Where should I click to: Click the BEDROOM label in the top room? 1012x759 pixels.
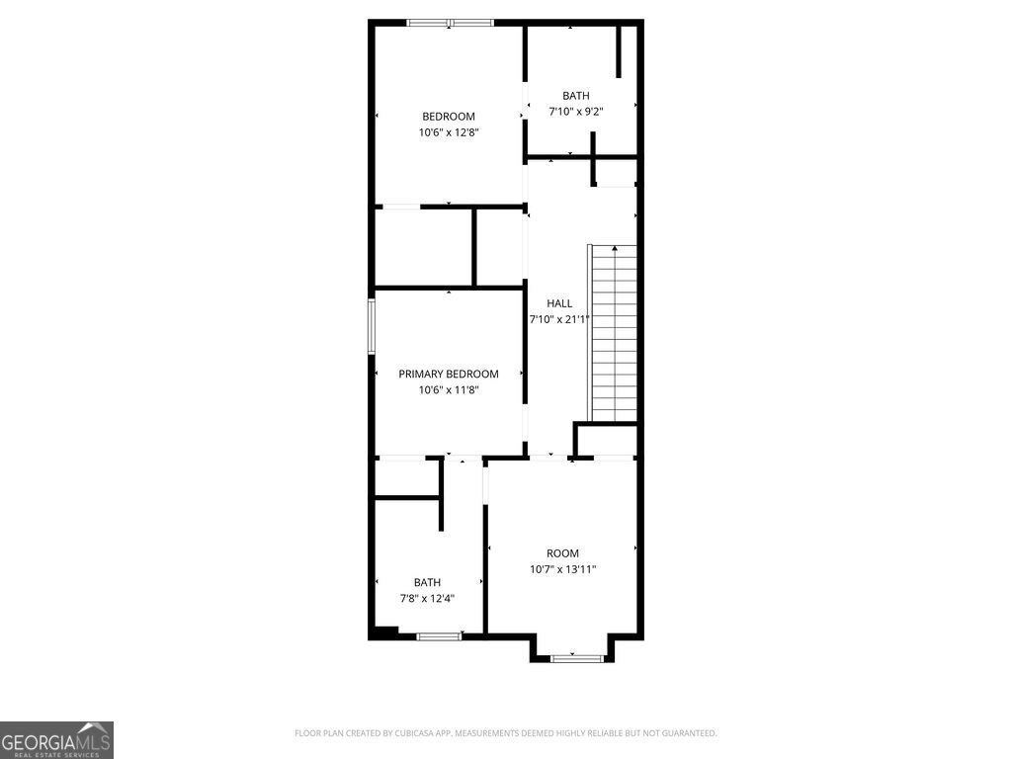tap(449, 117)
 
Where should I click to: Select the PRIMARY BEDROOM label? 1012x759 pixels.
tap(449, 374)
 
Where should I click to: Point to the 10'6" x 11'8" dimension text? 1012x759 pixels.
tap(449, 389)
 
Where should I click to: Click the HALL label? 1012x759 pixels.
tap(559, 303)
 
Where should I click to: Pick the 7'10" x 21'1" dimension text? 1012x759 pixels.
tap(559, 319)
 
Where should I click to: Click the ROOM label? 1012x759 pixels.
tap(563, 553)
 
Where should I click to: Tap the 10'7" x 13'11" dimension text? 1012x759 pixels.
tap(563, 569)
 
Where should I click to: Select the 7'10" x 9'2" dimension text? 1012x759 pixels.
tap(576, 112)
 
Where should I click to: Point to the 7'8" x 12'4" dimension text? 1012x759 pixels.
tap(427, 598)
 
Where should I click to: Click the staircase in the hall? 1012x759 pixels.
tap(614, 333)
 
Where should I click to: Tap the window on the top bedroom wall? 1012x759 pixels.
tap(450, 23)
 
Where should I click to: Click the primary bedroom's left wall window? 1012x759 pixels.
tap(372, 325)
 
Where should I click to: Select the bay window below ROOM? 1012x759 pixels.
tap(576, 657)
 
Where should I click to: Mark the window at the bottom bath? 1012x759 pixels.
tap(439, 636)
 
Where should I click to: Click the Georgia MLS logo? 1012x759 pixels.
tap(56, 740)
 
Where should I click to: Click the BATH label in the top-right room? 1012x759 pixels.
tap(576, 96)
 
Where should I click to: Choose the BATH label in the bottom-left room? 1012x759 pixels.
tap(427, 582)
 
